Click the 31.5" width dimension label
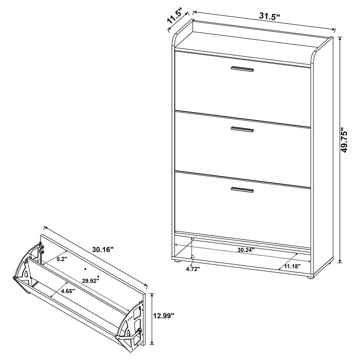(x=270, y=16)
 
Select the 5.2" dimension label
(x=62, y=259)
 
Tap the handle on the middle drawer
(x=242, y=130)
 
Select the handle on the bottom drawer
(x=242, y=189)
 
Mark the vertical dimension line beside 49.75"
(x=339, y=148)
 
